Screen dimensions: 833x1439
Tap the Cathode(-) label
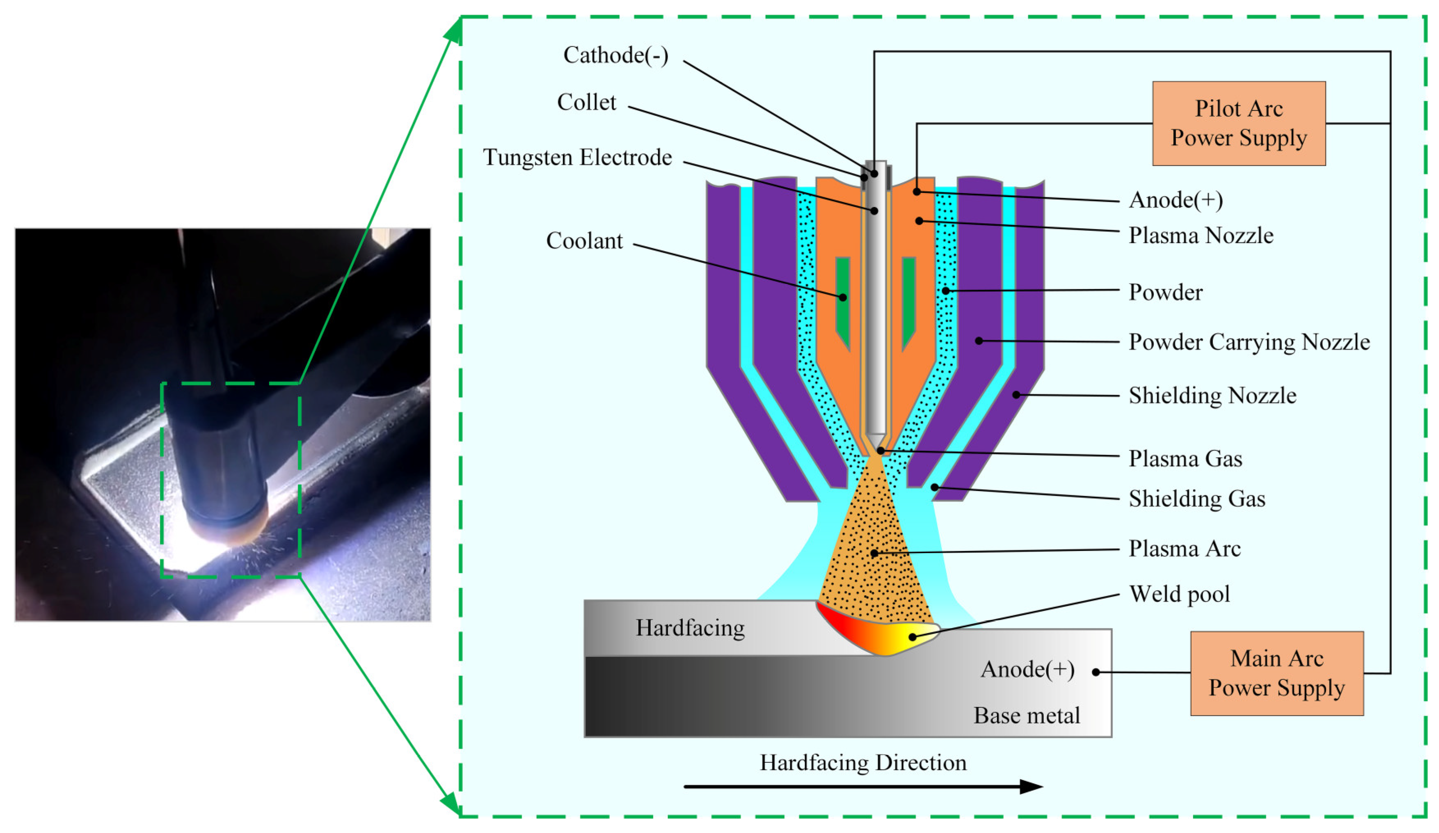point(615,55)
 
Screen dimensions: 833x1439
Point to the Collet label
point(586,102)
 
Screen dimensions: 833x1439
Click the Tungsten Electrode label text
point(577,157)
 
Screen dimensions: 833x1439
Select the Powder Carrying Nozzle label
point(1249,342)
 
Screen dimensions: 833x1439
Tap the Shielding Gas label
point(1197,499)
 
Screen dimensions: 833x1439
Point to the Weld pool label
point(1179,594)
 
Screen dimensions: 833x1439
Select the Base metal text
point(1026,715)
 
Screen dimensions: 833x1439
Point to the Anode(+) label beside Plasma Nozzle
point(1176,200)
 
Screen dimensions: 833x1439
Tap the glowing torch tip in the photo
point(229,528)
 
